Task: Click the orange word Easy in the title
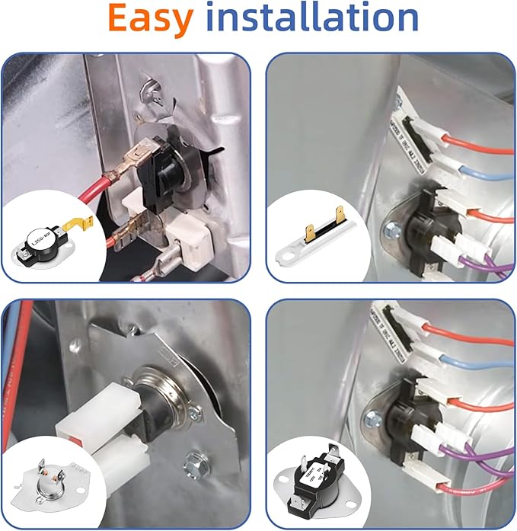coord(150,21)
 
